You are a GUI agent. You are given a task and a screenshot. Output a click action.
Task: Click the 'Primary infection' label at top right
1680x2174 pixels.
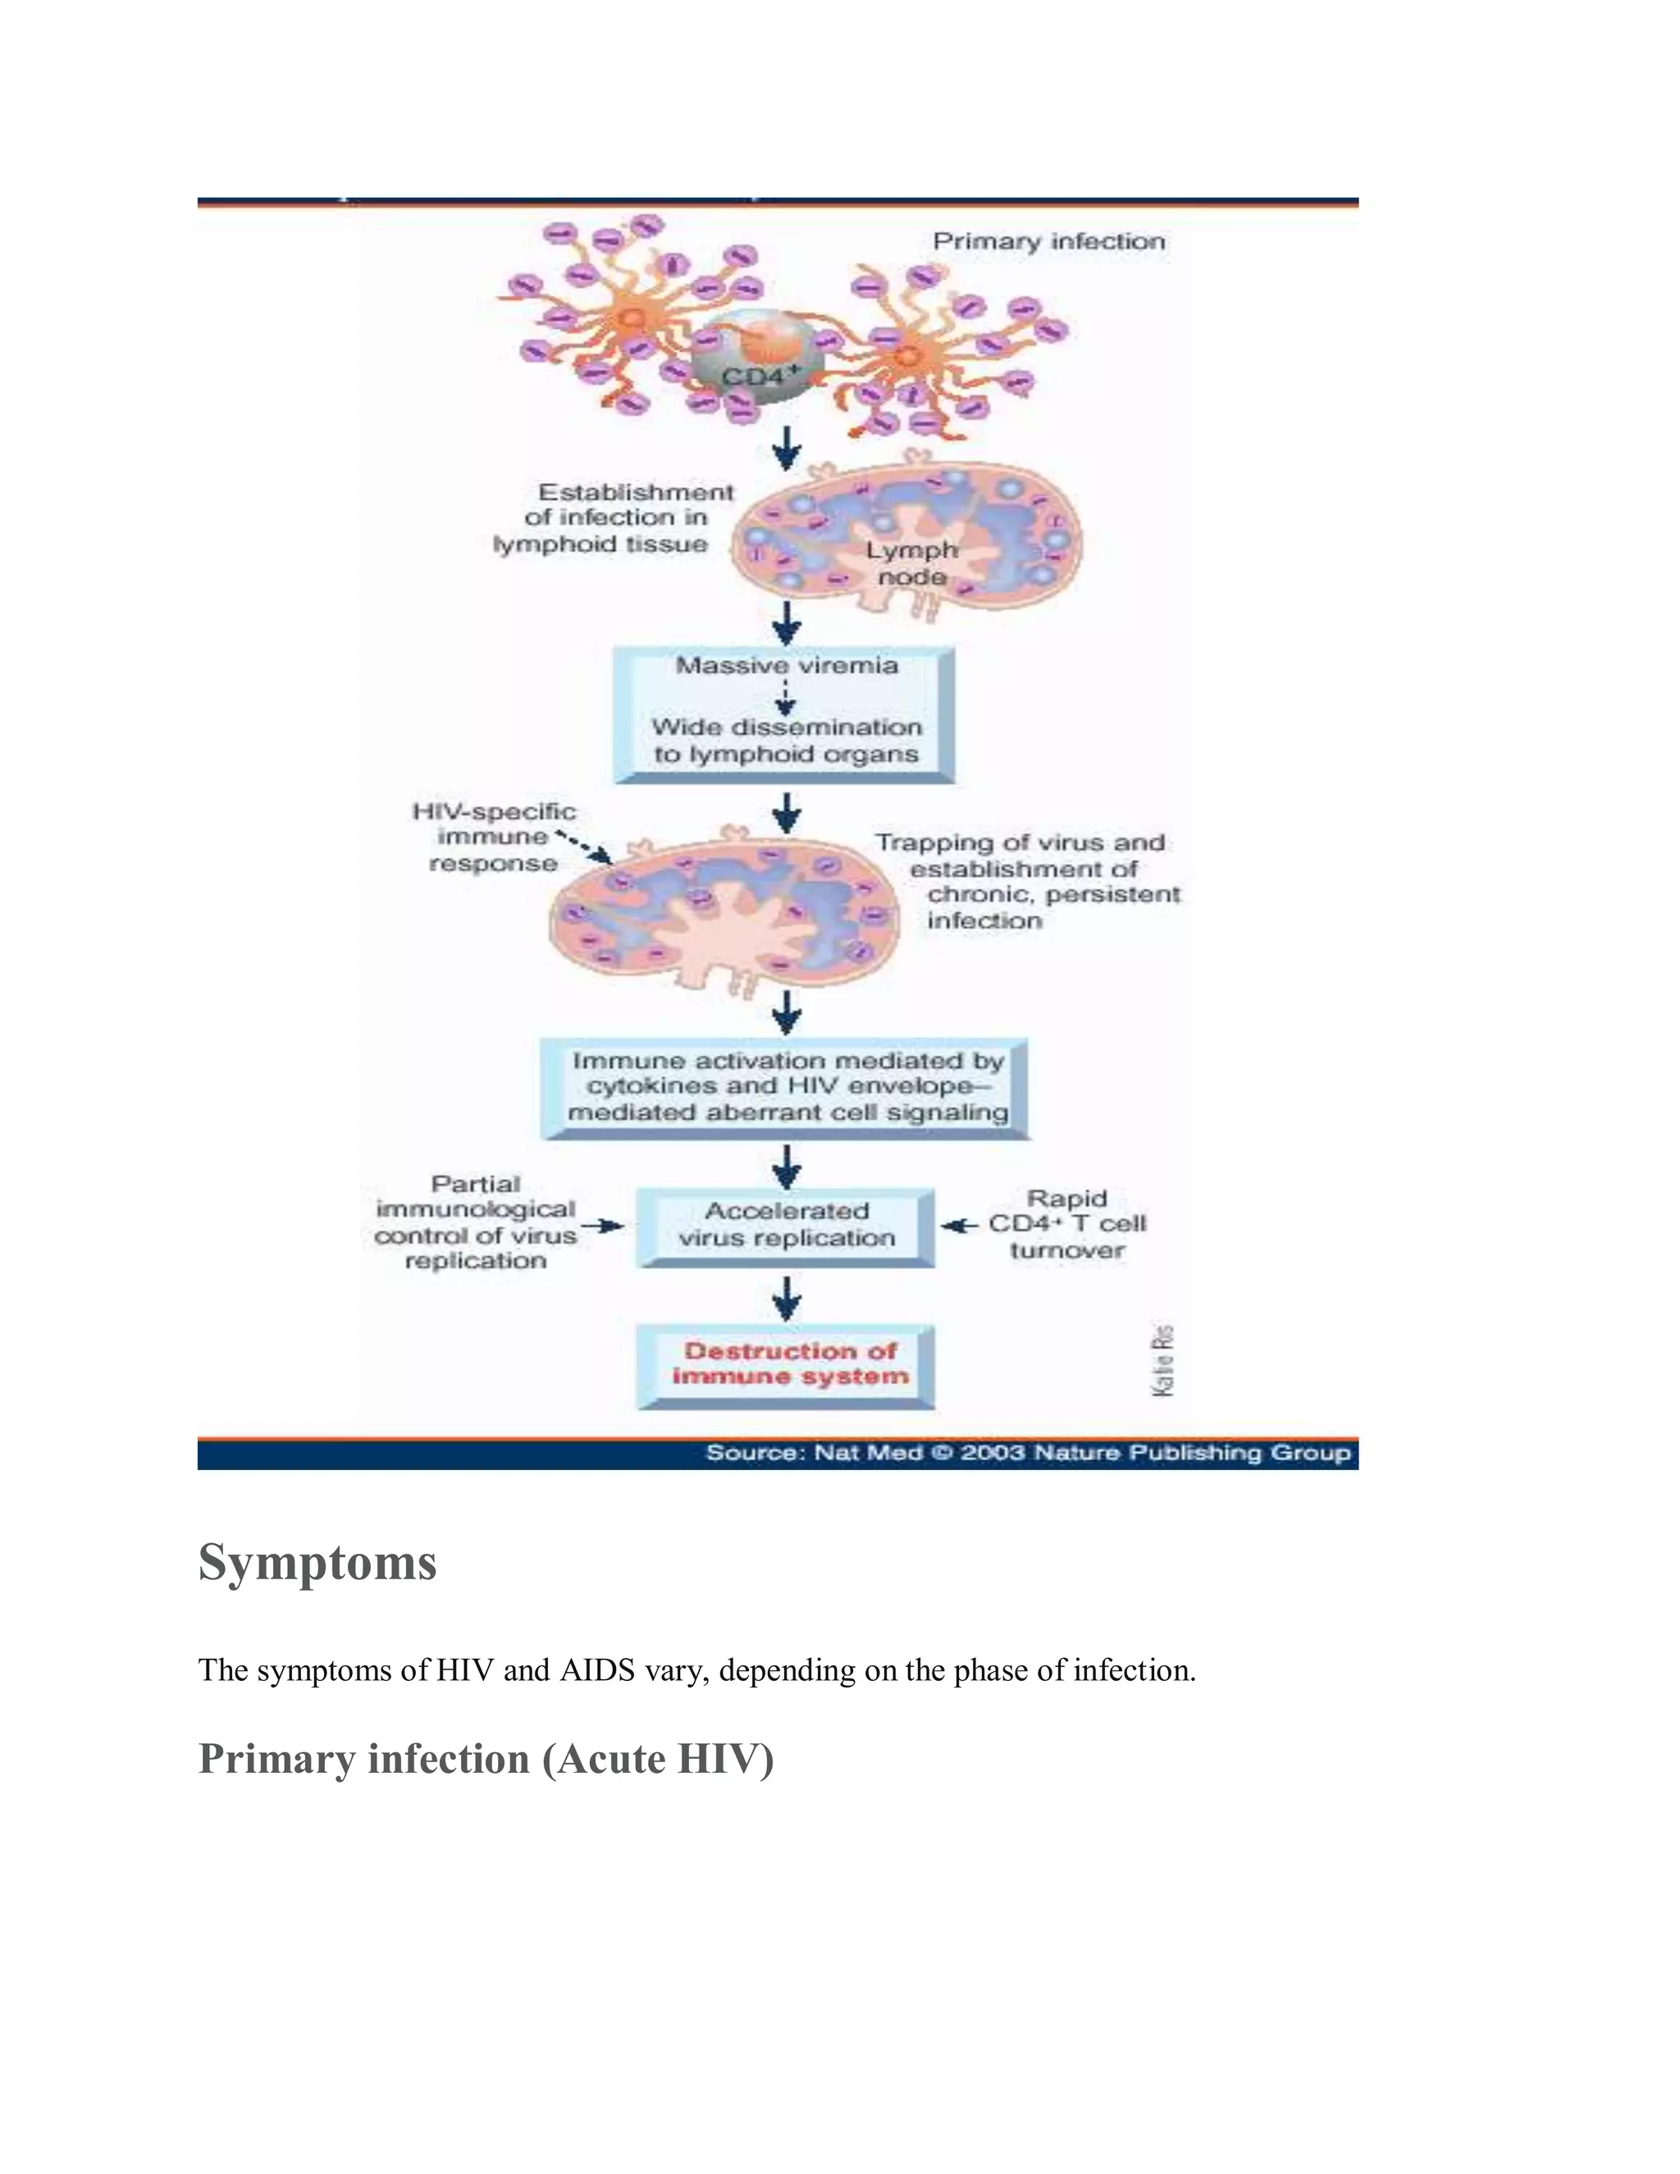(1048, 242)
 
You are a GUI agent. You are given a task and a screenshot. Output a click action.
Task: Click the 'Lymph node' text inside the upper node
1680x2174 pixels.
(911, 564)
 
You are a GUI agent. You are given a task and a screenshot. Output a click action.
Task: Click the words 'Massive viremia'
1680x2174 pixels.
(786, 666)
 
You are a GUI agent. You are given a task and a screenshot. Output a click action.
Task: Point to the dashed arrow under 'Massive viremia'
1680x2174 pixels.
(786, 697)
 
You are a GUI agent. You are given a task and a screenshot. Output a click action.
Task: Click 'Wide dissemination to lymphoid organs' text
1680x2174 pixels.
(786, 741)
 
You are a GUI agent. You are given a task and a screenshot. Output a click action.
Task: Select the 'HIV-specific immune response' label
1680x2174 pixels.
(494, 837)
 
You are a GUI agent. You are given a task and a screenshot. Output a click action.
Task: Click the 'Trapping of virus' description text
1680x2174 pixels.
(1025, 882)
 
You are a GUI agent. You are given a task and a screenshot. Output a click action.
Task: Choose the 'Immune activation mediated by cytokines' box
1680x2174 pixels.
(786, 1087)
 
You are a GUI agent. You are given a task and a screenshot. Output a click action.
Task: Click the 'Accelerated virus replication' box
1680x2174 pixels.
(786, 1226)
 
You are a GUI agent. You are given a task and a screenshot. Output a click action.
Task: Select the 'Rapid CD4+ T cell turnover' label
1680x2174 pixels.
(1067, 1224)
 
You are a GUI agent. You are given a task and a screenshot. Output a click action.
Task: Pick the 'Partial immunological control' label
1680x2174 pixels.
(476, 1222)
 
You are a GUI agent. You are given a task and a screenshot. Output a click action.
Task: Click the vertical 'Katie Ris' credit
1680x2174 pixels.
(1162, 1361)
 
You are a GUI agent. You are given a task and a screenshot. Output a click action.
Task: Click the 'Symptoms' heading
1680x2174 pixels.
(317, 1562)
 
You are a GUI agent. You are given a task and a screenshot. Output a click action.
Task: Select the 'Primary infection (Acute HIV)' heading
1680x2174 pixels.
(486, 1759)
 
